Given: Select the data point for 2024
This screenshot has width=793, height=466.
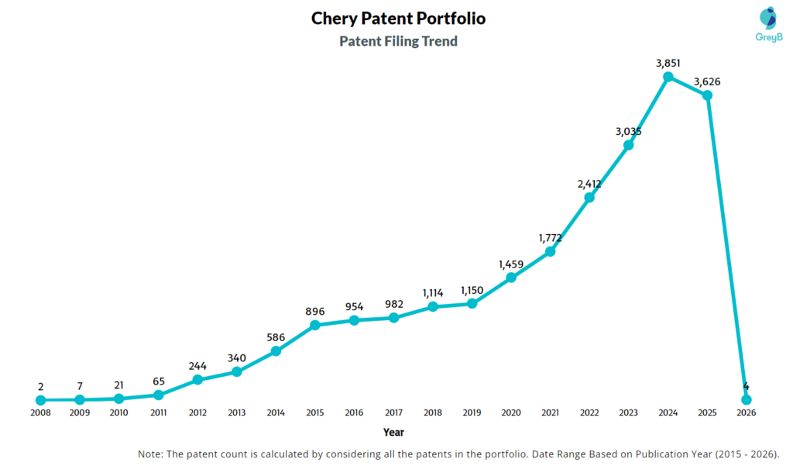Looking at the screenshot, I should [668, 77].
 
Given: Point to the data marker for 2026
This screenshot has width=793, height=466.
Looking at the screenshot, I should [747, 399].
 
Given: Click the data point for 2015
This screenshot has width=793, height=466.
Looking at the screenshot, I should [314, 325].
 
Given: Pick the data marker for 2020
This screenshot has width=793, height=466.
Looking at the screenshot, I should [511, 278].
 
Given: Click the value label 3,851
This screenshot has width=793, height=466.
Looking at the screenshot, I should [668, 62].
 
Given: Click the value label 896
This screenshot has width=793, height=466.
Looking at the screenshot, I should [314, 310].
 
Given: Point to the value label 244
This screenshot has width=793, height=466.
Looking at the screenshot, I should [197, 365].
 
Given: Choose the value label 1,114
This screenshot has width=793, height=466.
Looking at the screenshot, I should [433, 292].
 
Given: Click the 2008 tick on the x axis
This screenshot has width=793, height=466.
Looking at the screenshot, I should [40, 413].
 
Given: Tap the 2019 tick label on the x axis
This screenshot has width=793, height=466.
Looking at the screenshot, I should [472, 413].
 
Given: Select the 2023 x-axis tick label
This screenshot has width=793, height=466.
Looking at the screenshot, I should [629, 413].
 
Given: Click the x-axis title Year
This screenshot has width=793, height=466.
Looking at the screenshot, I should [393, 432].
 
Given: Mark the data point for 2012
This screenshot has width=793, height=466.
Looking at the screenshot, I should [197, 380].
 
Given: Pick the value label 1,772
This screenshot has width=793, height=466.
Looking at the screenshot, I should [550, 237].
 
